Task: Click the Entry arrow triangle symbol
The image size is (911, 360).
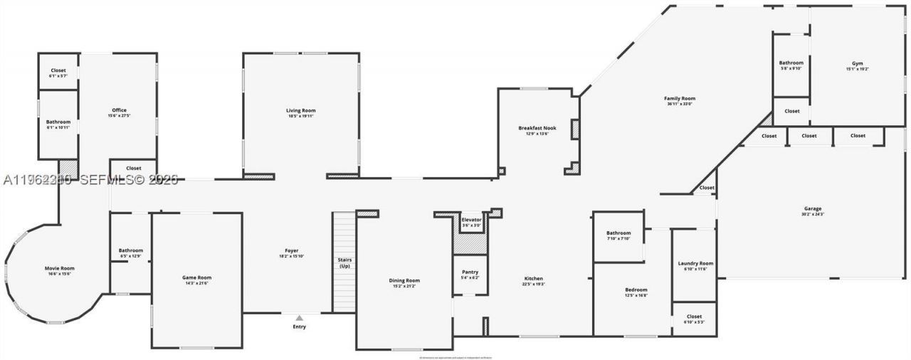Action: [299, 318]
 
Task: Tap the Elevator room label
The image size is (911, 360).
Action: [471, 220]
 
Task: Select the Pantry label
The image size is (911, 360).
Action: [470, 272]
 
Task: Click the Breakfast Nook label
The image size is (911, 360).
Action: [537, 128]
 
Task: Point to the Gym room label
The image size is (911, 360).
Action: [857, 63]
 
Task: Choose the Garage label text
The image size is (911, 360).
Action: [813, 208]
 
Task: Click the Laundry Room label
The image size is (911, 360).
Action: [695, 263]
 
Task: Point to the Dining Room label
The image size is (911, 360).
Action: [404, 280]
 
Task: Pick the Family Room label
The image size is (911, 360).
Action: [680, 98]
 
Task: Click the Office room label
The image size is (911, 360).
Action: [119, 110]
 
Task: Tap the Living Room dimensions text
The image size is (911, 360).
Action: [301, 116]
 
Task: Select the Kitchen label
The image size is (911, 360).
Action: [534, 278]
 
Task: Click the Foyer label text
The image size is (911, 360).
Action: [291, 250]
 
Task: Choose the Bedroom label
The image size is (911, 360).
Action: [636, 290]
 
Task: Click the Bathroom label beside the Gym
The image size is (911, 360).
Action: [791, 63]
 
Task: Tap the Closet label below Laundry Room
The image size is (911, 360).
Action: [694, 317]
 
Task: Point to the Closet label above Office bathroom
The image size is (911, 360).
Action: [58, 70]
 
